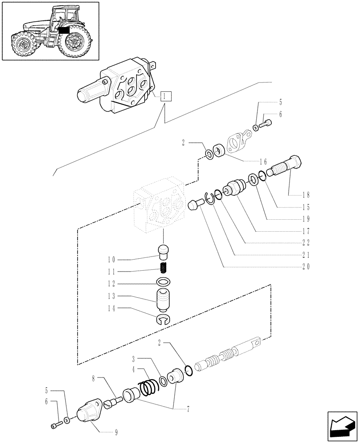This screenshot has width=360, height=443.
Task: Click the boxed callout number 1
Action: (x=165, y=95)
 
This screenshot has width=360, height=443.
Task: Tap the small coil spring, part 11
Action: (x=164, y=268)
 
